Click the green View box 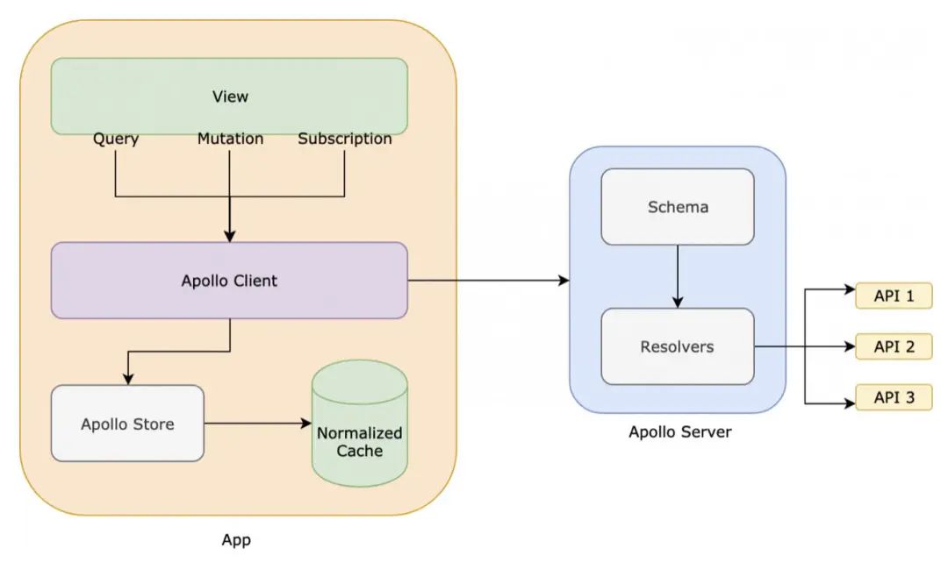[x=229, y=96]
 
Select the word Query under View [x=116, y=139]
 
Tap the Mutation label [x=230, y=139]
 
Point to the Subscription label [x=345, y=139]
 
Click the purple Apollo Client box [x=229, y=281]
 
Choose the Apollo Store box [x=127, y=424]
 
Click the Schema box [x=678, y=207]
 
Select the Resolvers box [x=678, y=346]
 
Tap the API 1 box [x=894, y=296]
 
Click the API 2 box [x=894, y=346]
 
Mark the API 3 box [x=894, y=397]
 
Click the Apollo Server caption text [x=680, y=431]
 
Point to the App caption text [x=236, y=540]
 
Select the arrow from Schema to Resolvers [x=678, y=275]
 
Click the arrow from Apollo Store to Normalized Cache [x=258, y=424]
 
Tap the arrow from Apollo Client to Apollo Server [x=488, y=281]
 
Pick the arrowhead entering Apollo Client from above [x=230, y=236]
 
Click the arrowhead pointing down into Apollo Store [x=128, y=379]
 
